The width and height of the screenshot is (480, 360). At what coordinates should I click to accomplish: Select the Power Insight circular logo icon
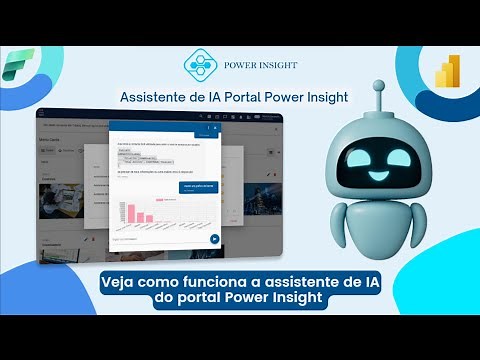pyautogui.click(x=202, y=65)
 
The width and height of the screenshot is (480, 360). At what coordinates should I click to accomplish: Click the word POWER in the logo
pyautogui.click(x=247, y=66)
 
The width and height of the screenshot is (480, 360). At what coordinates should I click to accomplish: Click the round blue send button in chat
pyautogui.click(x=215, y=239)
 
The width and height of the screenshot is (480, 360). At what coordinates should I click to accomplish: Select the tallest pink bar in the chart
pyautogui.click(x=127, y=209)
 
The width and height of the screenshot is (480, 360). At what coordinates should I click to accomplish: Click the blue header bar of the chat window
pyautogui.click(x=165, y=128)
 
